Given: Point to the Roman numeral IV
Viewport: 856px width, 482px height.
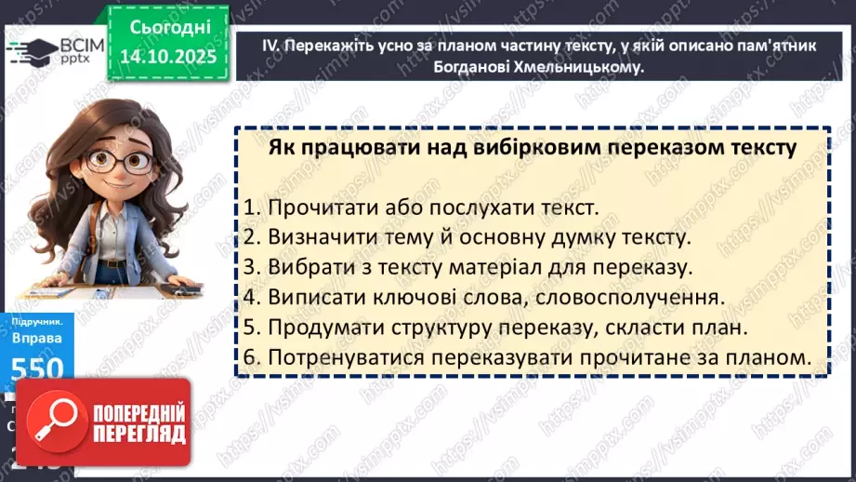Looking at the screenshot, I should [248, 45].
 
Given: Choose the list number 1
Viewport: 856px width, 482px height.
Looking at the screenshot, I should [250, 208].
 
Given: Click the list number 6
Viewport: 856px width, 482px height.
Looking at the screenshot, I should [250, 356].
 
